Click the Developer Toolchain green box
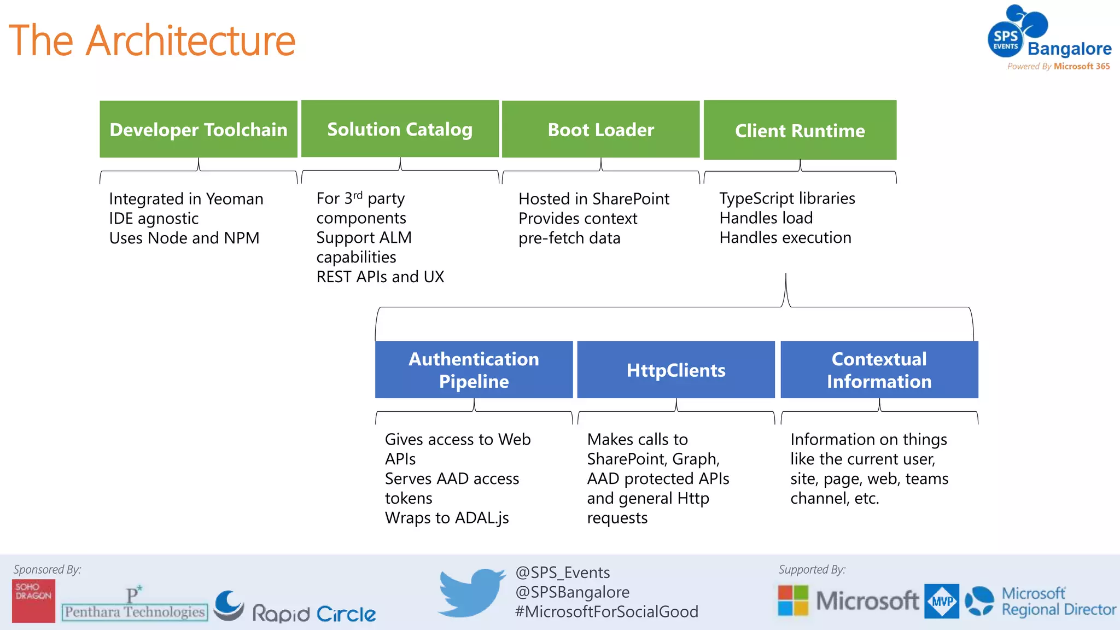tap(198, 129)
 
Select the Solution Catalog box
tap(400, 129)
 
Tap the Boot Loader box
tap(600, 129)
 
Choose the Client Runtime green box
tap(800, 130)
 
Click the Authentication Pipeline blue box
tap(474, 370)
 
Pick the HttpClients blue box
tap(676, 370)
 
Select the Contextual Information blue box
tap(879, 370)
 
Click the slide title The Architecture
tap(152, 40)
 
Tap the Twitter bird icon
tap(471, 593)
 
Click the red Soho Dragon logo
tap(33, 600)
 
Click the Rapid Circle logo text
tap(313, 613)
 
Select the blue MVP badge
tap(941, 601)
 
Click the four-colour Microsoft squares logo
tap(793, 600)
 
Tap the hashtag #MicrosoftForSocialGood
tap(606, 611)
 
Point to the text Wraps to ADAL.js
tap(447, 517)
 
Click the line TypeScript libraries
tap(787, 198)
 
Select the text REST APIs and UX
tap(380, 277)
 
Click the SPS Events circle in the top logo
tap(1005, 40)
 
